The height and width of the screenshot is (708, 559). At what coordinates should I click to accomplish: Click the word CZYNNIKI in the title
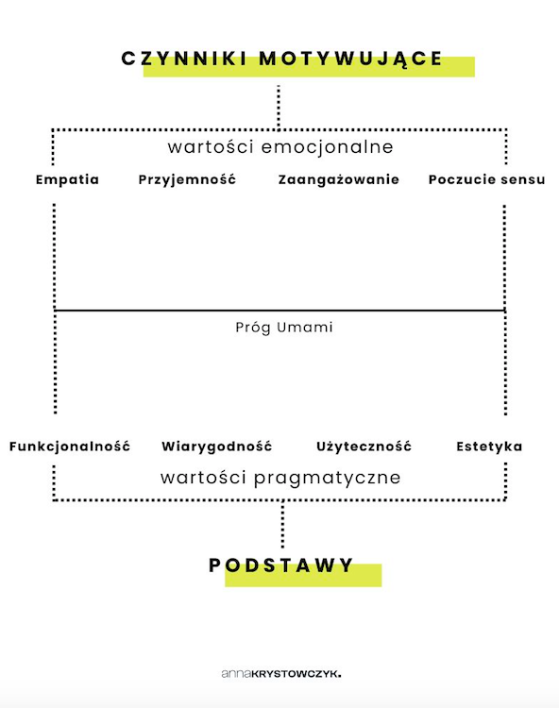pos(184,59)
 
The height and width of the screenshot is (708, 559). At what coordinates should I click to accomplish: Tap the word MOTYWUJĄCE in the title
pos(351,59)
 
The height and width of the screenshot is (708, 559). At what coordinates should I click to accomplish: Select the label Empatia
pos(67,179)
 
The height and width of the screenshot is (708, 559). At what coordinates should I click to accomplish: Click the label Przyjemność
pos(187,179)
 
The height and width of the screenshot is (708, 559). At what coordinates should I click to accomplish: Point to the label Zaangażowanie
pos(339,179)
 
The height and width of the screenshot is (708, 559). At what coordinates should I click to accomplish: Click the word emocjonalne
pos(328,147)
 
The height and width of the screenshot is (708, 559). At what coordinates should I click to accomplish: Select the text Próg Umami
pos(284,328)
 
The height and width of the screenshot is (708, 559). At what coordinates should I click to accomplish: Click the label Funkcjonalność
pos(70,447)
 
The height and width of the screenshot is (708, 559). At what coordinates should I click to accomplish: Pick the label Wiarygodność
pos(217,447)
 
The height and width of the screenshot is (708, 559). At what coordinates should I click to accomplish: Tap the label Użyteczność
pos(364,447)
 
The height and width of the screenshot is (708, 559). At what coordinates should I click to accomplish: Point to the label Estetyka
pos(489,447)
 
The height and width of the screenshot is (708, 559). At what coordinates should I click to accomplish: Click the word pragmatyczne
pos(328,479)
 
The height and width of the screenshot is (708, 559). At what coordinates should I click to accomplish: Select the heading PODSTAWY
pos(280,565)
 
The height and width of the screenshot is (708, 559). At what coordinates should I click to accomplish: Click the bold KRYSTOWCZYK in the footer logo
pos(296,674)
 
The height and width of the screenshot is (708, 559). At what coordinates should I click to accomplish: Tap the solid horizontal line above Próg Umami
pos(279,311)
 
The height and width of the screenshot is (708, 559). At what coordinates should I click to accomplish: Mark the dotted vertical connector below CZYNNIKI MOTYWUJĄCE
pos(279,107)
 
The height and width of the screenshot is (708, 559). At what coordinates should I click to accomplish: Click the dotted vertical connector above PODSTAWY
pos(282,524)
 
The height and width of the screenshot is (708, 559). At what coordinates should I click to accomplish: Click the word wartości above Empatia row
pos(211,147)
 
